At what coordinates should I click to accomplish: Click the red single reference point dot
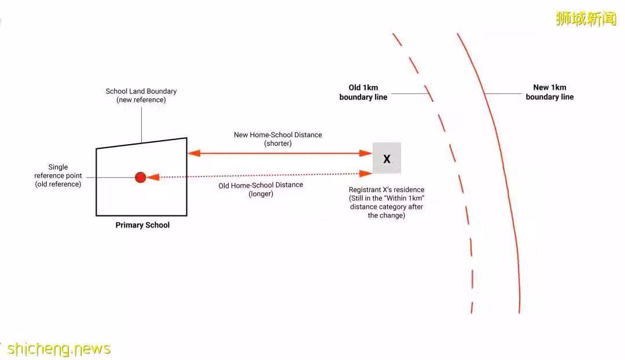click(140, 178)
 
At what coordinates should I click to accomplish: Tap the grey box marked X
click(387, 158)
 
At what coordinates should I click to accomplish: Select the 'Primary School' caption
click(143, 225)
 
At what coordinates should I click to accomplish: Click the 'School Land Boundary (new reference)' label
click(141, 95)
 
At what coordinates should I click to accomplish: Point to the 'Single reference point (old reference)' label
click(58, 175)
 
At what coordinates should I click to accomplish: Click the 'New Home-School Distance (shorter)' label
click(278, 139)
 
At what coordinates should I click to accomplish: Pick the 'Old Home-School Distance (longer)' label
click(260, 189)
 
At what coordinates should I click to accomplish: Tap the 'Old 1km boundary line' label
click(363, 92)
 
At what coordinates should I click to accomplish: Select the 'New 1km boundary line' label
click(550, 92)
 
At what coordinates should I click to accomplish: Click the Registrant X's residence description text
click(387, 202)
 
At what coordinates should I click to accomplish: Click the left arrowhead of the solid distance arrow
click(194, 153)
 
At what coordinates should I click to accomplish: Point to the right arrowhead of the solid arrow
click(366, 153)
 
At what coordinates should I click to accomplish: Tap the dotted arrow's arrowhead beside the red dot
click(153, 177)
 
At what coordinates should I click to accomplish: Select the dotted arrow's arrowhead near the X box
click(366, 174)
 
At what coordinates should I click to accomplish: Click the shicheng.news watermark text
click(59, 349)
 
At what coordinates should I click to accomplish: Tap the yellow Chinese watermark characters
click(586, 19)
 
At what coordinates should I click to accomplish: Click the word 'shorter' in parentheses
click(278, 144)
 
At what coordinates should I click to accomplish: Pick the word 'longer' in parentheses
click(260, 194)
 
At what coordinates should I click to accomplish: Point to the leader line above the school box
click(142, 125)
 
